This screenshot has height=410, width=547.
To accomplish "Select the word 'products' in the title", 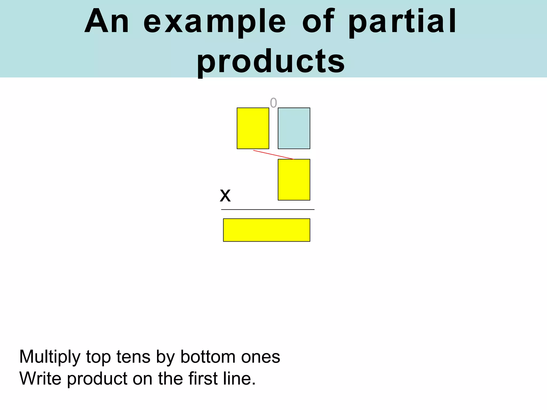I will pyautogui.click(x=271, y=62).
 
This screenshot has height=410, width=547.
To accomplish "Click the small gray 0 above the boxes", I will pyautogui.click(x=273, y=103).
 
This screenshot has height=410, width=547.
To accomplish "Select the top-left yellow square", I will pyautogui.click(x=253, y=128).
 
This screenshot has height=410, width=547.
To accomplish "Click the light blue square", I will pyautogui.click(x=294, y=128).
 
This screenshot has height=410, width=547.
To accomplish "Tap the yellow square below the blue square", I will pyautogui.click(x=294, y=180).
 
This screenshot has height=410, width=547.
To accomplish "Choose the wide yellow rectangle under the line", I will pyautogui.click(x=267, y=230).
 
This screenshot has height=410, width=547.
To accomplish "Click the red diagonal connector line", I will pyautogui.click(x=273, y=155).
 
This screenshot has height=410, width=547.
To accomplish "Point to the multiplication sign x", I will pyautogui.click(x=225, y=195).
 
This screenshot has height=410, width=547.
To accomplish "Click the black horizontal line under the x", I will pyautogui.click(x=268, y=210).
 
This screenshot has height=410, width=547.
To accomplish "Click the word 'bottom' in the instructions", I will pyautogui.click(x=208, y=357).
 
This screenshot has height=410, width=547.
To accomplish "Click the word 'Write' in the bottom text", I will pyautogui.click(x=40, y=379).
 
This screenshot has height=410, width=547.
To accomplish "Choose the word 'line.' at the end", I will pyautogui.click(x=239, y=379).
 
